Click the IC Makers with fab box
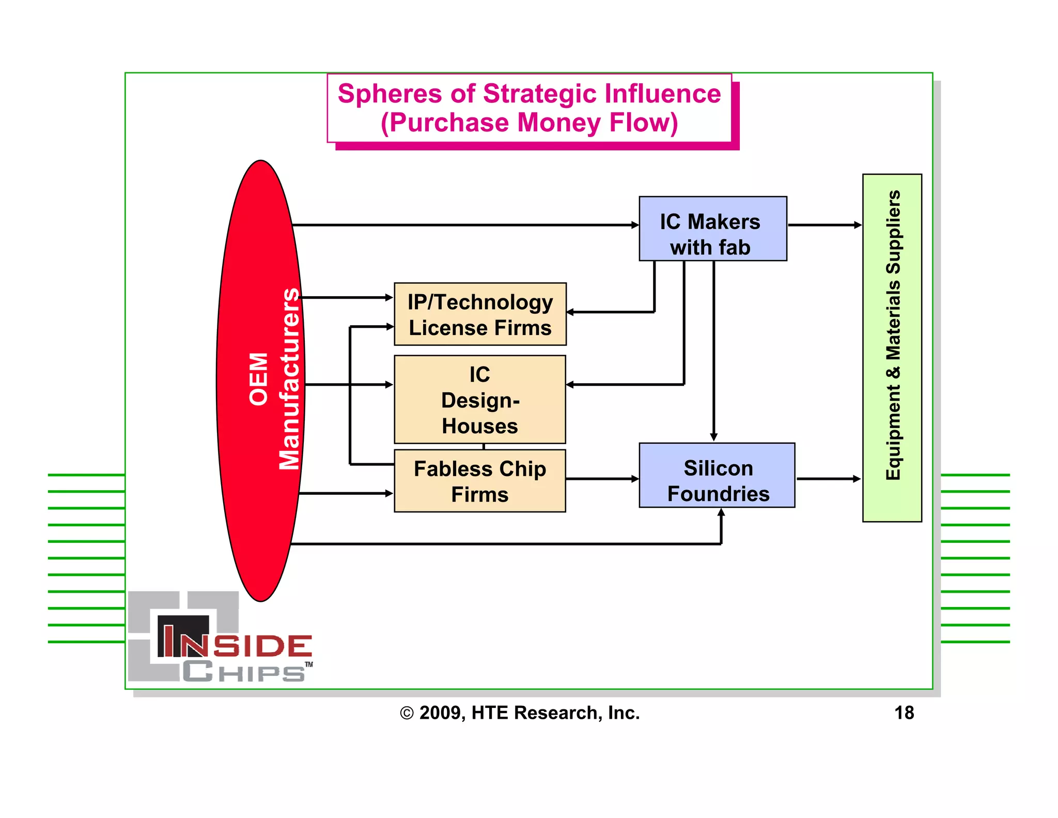point(712,229)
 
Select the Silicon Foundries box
point(717,475)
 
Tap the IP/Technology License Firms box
point(479,314)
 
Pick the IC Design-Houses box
point(479,399)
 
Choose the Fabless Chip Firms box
point(479,481)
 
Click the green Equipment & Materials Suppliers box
point(892,347)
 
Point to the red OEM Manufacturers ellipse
point(260,381)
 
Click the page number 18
point(904,713)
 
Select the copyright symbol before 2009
point(407,714)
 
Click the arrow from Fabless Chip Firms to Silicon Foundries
point(602,479)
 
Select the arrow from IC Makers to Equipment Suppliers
point(824,225)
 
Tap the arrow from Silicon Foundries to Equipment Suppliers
point(828,479)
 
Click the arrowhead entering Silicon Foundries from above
point(713,437)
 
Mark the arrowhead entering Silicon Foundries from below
point(721,512)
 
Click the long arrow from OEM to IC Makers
point(465,225)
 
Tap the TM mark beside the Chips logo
point(309,664)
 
